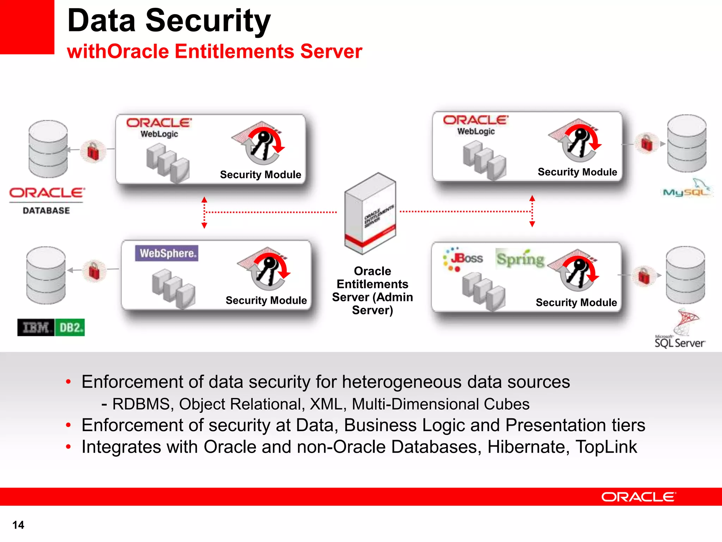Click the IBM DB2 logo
51,327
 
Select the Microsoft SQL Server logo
680,330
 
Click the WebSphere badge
166,253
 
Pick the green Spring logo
520,259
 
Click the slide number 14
18,525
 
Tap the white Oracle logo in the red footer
638,497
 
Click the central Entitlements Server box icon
370,213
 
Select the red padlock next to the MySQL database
647,143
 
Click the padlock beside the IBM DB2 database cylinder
94,271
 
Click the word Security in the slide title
208,21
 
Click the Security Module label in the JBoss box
576,302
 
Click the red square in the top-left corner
27,27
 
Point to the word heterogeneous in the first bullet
402,382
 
